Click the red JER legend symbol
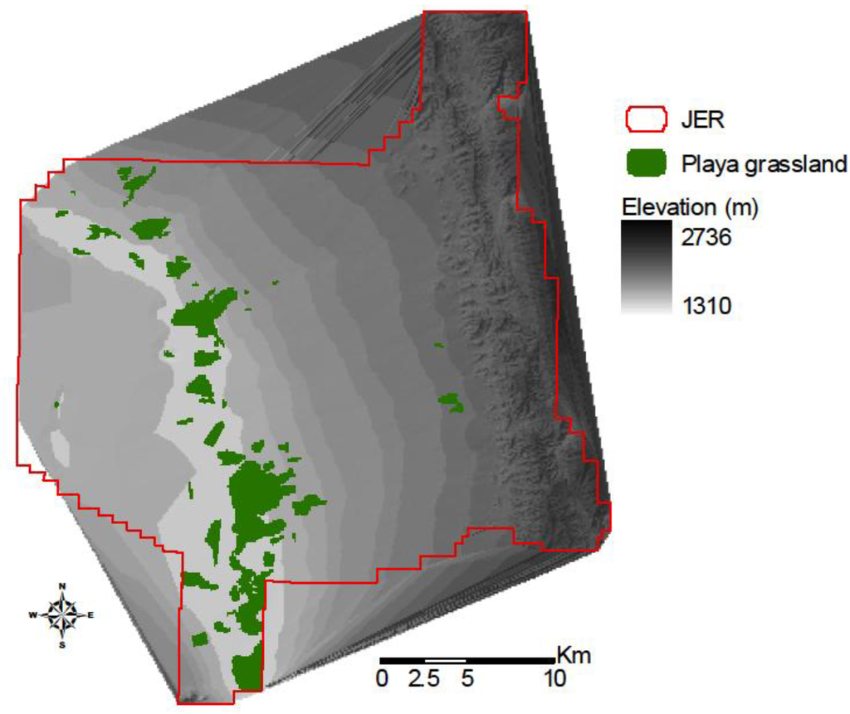tap(645, 119)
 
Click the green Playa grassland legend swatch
tap(645, 163)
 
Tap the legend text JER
tap(707, 120)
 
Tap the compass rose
tap(62, 614)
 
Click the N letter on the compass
tap(62, 586)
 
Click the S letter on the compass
tap(62, 644)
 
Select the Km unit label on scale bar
tap(574, 654)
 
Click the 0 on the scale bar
tap(381, 678)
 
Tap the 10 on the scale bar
tap(554, 678)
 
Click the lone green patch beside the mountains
tap(451, 403)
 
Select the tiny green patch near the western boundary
tap(56, 405)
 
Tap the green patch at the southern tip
tap(247, 670)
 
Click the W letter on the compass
tap(33, 615)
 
